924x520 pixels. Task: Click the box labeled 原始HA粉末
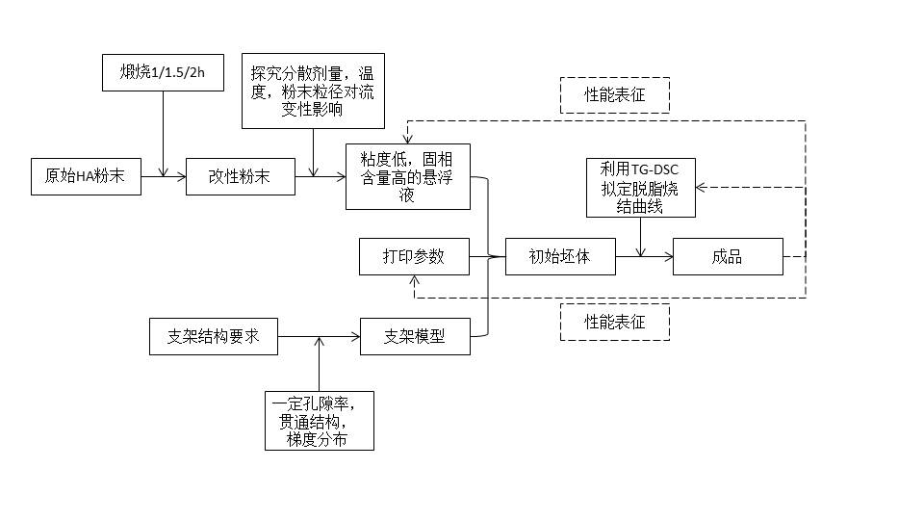coord(86,176)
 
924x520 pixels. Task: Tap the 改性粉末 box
coord(240,176)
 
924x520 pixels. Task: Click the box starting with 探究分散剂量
coord(312,91)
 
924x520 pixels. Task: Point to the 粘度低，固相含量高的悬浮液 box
coord(408,176)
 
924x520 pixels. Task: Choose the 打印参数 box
coord(414,257)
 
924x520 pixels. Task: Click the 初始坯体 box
coord(559,257)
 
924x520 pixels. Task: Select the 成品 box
coord(728,257)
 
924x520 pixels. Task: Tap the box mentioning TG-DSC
coord(641,187)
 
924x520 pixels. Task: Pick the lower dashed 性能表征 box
coord(614,322)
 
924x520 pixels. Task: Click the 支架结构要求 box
coord(214,338)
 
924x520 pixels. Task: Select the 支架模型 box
coord(415,338)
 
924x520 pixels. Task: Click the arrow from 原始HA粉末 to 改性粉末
coord(164,176)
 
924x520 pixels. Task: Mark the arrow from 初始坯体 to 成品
coord(644,257)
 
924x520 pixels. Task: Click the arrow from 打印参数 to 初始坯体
coord(487,257)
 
